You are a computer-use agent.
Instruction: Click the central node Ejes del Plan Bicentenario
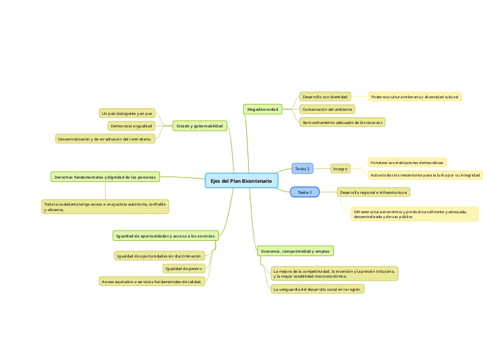pyautogui.click(x=241, y=181)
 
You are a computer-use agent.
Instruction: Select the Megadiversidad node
pyautogui.click(x=263, y=109)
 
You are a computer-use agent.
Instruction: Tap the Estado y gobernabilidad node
pyautogui.click(x=200, y=126)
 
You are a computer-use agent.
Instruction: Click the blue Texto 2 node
pyautogui.click(x=302, y=168)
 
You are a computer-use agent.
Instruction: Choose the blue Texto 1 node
pyautogui.click(x=304, y=192)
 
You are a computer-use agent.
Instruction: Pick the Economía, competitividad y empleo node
pyautogui.click(x=295, y=251)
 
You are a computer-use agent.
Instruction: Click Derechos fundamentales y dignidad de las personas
pyautogui.click(x=105, y=177)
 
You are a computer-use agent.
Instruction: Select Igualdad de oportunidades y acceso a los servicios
pyautogui.click(x=166, y=236)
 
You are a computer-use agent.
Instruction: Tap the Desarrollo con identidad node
pyautogui.click(x=325, y=97)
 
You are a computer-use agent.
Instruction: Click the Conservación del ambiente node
pyautogui.click(x=327, y=109)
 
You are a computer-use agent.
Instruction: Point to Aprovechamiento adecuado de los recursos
pyautogui.click(x=342, y=122)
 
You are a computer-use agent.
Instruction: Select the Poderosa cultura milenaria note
pyautogui.click(x=414, y=97)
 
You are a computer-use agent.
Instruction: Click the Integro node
pyautogui.click(x=340, y=168)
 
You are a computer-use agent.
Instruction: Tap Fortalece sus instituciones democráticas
pyautogui.click(x=407, y=163)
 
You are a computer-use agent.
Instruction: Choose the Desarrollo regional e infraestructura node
pyautogui.click(x=374, y=192)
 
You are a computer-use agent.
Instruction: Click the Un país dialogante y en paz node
pyautogui.click(x=127, y=113)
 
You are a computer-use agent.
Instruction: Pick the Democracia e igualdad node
pyautogui.click(x=131, y=126)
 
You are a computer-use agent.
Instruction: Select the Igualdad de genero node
pyautogui.click(x=184, y=268)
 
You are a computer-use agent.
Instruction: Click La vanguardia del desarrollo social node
pyautogui.click(x=317, y=289)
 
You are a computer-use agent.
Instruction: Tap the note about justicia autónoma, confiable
pyautogui.click(x=105, y=206)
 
